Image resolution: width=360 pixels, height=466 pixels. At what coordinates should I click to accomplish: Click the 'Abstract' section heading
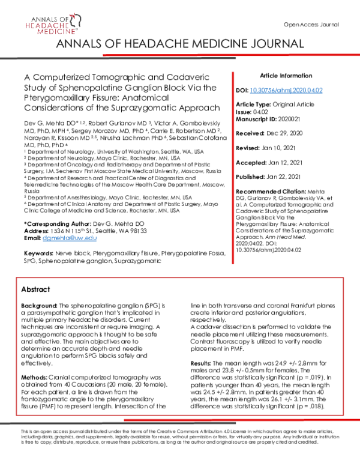pos(35,288)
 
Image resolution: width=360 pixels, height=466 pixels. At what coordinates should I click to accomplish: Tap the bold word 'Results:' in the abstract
pos(201,364)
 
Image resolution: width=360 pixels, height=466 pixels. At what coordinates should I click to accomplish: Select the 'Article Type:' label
pos(255,103)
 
